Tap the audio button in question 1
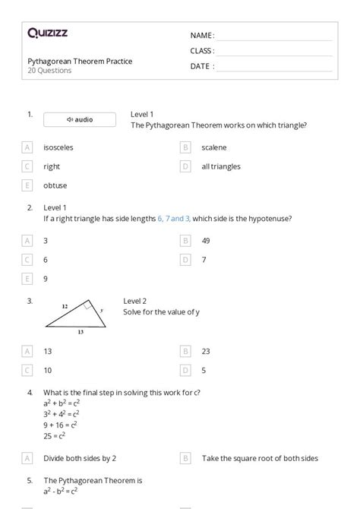(80, 119)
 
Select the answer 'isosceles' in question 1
(58, 147)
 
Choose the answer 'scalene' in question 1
(214, 147)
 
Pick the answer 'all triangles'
(221, 166)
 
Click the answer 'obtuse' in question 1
(55, 185)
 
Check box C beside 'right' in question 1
(28, 166)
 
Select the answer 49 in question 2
(206, 240)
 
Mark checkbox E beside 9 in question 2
(28, 278)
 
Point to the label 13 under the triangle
(81, 332)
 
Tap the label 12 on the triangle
(65, 305)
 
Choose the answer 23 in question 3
(206, 351)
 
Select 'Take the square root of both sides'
(260, 458)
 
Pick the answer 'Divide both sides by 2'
(80, 458)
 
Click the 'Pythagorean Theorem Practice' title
(80, 62)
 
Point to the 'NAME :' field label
(202, 35)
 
